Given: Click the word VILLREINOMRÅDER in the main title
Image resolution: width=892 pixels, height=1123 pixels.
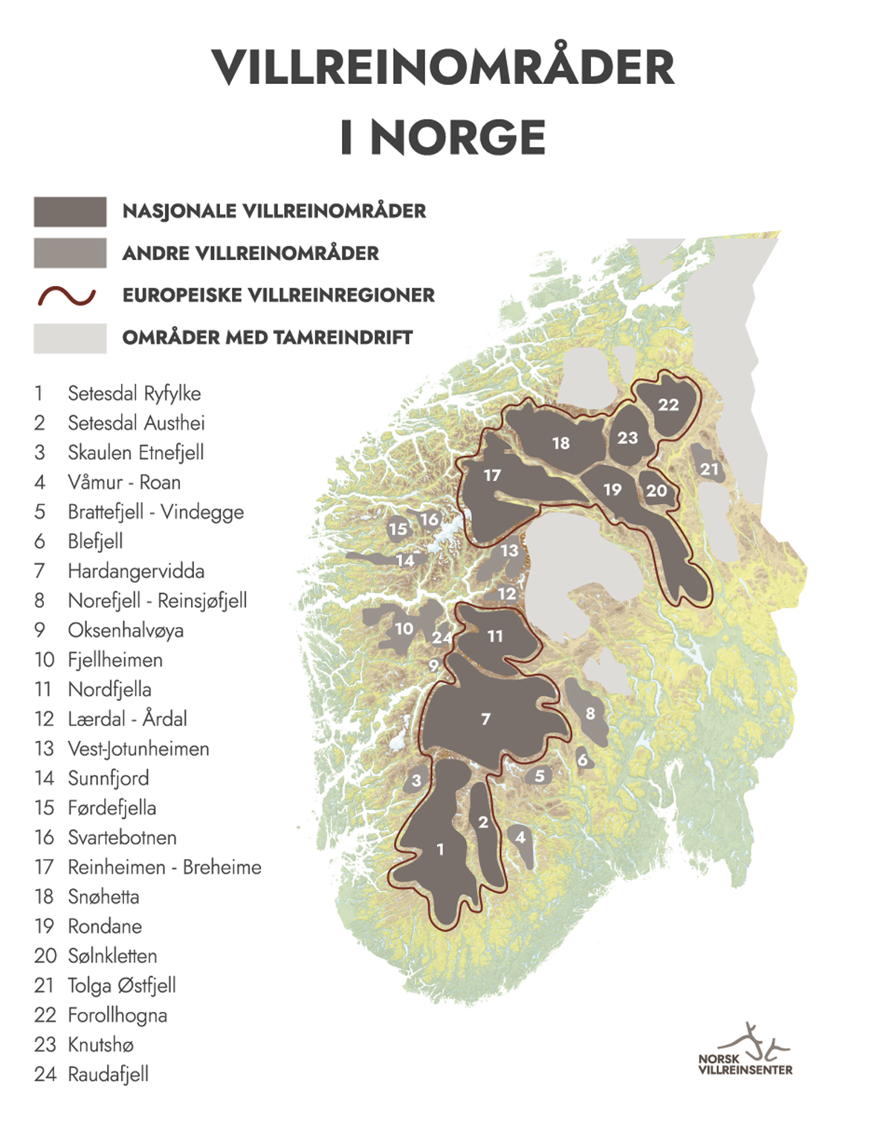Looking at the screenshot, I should (443, 68).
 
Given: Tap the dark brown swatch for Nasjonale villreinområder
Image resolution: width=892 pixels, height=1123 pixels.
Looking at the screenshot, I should (70, 212).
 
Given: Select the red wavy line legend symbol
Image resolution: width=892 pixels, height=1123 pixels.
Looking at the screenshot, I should (67, 296).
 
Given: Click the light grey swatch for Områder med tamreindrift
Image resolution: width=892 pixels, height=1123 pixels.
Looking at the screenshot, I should (70, 338).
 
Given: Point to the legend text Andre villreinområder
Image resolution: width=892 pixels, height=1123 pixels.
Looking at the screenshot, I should (251, 253).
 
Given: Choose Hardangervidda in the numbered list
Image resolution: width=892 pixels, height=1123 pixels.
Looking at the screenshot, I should (135, 571).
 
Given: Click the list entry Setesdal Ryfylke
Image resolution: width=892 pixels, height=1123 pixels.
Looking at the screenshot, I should (134, 393).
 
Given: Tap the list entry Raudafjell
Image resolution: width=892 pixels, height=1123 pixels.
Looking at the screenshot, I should (108, 1074).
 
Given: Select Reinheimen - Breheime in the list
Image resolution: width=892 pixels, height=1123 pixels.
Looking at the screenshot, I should (164, 867).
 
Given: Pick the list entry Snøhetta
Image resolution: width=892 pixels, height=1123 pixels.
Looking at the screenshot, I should (103, 897).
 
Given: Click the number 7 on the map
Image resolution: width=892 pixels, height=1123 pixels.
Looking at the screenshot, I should (485, 719).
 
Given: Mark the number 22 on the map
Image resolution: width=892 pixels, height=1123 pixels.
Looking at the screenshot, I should (668, 404).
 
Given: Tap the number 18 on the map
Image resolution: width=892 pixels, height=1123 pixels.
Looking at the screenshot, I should (560, 444).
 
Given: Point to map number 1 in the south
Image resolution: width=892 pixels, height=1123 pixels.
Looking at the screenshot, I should (440, 849).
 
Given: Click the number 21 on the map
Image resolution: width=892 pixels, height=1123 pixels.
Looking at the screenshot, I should (709, 469).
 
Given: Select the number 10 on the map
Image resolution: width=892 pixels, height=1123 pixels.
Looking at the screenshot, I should (404, 629).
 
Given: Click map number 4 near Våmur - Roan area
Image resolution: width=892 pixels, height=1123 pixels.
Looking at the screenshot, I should (520, 838).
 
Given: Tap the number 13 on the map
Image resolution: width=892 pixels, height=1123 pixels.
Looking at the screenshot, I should (509, 551).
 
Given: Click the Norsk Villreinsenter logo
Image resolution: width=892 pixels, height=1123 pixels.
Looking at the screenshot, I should (745, 1052).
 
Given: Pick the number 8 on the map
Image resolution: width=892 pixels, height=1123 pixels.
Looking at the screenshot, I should (590, 713).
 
